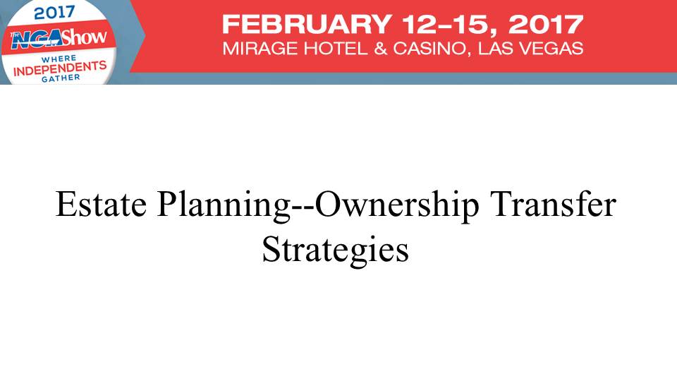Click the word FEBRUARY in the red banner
coord(307,24)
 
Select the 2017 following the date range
coord(546,24)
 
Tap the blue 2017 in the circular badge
coord(55,13)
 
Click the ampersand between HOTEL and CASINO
coord(380,49)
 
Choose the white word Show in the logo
coord(84,37)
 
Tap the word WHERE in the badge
coord(59,59)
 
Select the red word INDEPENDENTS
coord(59,68)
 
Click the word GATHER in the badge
coord(61,78)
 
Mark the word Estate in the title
coord(101,205)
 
